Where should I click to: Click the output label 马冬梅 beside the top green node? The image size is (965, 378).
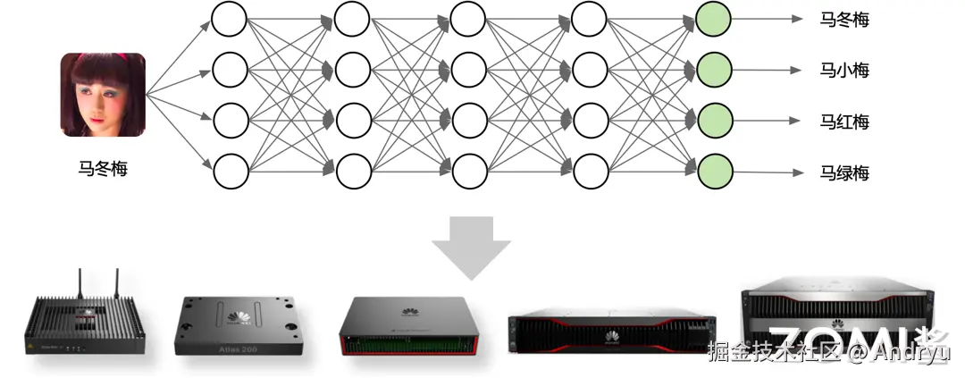pos(844,19)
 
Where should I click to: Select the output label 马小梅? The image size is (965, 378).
pos(844,70)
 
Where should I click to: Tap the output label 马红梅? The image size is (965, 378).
pos(844,122)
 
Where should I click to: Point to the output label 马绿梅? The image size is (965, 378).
pos(844,172)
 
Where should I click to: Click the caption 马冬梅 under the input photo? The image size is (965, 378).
pos(103,167)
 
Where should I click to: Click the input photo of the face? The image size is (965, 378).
pos(103,95)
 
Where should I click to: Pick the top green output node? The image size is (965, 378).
pos(714,18)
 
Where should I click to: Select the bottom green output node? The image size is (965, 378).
pos(714,170)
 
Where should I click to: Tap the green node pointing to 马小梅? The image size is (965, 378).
pos(714,67)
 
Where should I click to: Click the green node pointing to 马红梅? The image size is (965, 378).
pos(714,119)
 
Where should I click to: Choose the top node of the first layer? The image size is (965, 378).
pos(230,18)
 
